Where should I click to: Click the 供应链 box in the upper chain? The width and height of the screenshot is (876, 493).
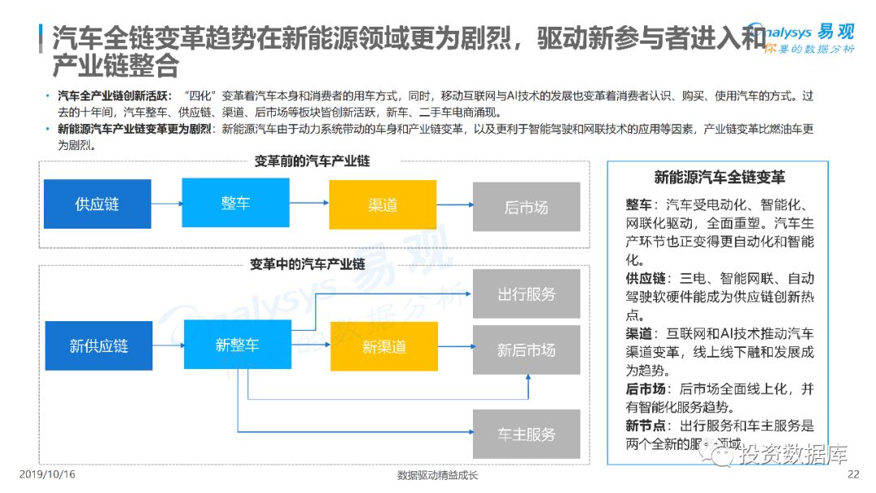97,204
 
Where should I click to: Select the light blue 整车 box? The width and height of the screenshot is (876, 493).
236,203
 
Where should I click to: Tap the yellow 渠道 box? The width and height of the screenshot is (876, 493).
383,204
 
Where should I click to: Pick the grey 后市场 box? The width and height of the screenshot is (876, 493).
526,207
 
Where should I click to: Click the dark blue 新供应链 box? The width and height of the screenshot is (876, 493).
99,346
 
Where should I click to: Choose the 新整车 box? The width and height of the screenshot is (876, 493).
238,345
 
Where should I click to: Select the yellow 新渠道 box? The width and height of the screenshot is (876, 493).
384,347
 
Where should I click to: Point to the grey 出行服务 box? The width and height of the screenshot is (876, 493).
526,294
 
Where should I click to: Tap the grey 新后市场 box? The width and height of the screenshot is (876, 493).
526,350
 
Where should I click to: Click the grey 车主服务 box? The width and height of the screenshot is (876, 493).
526,434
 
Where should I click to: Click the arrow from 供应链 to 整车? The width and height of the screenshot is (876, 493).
166,204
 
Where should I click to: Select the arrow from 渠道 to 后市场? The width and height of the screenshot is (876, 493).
454,205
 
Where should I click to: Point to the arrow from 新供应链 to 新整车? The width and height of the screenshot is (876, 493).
168,346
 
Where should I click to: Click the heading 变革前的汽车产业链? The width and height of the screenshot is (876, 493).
312,161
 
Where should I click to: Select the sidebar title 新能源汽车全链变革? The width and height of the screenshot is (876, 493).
719,178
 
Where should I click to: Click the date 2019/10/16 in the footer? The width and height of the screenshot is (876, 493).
46,474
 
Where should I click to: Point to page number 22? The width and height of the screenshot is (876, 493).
852,474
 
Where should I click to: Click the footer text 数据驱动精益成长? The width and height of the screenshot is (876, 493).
438,475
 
